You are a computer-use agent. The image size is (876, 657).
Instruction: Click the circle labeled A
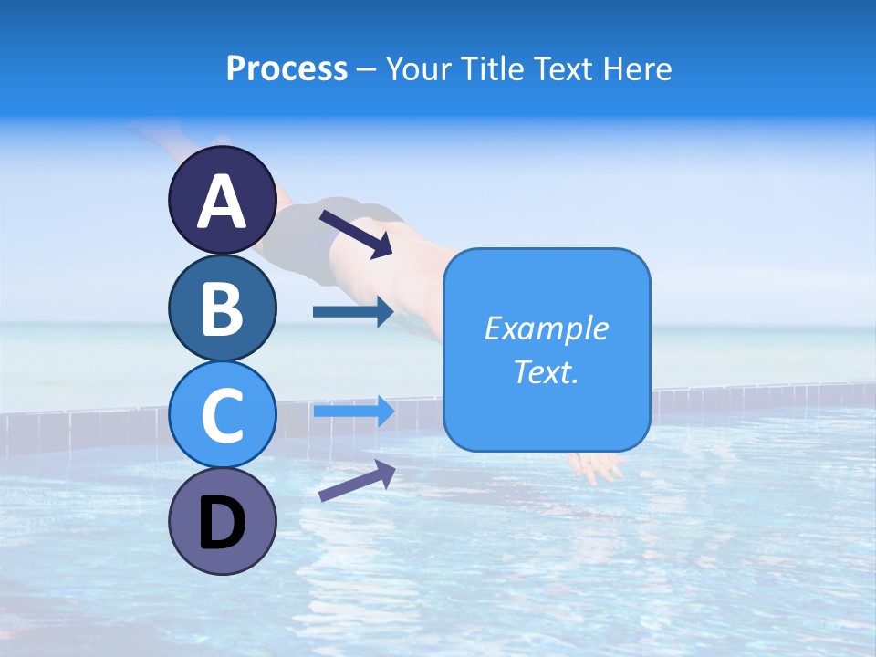tap(222, 201)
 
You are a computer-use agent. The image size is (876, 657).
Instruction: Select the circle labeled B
tap(222, 308)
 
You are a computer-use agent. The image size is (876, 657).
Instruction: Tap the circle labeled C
tap(222, 415)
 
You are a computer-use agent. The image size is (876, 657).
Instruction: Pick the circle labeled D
tap(222, 522)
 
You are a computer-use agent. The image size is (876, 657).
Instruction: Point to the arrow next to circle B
tap(353, 312)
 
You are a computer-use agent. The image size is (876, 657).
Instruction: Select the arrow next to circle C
tap(353, 412)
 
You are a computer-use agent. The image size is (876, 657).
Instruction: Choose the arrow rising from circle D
tap(357, 481)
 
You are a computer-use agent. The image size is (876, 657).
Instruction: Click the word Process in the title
tap(287, 68)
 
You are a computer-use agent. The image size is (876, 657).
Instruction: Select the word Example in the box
tap(546, 328)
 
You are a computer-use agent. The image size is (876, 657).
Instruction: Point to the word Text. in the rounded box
tap(546, 372)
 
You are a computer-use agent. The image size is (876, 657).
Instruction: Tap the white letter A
tap(222, 202)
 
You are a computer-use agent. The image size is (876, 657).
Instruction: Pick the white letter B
tap(222, 309)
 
